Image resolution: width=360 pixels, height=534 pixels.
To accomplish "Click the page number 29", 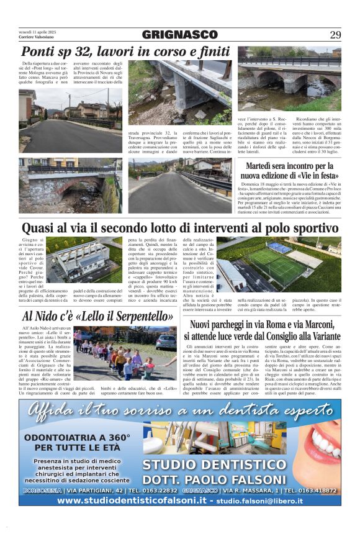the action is [x=335, y=35].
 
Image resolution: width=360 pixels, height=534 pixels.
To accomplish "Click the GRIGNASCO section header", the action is [x=179, y=35].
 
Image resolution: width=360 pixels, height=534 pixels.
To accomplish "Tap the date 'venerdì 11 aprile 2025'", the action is [x=38, y=31].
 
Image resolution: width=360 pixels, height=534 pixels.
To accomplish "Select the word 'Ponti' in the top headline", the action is [x=39, y=52].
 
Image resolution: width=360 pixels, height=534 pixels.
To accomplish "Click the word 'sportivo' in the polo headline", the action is [x=308, y=229].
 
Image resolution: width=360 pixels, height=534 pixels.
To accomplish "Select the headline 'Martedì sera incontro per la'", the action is [x=289, y=166].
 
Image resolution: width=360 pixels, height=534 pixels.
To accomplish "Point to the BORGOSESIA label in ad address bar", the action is [x=42, y=490].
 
